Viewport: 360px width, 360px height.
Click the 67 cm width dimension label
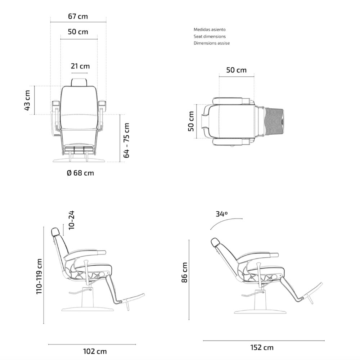78,17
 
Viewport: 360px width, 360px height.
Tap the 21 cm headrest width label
80,66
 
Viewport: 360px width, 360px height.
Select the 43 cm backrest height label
27,100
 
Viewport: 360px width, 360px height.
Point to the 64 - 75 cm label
126,140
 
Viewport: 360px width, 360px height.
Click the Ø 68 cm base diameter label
80,173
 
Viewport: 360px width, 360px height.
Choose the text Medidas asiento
210,30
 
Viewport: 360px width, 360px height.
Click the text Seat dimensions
210,36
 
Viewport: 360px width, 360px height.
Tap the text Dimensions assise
212,43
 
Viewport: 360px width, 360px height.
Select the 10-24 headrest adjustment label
71,220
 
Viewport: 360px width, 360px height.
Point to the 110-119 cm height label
39,276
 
